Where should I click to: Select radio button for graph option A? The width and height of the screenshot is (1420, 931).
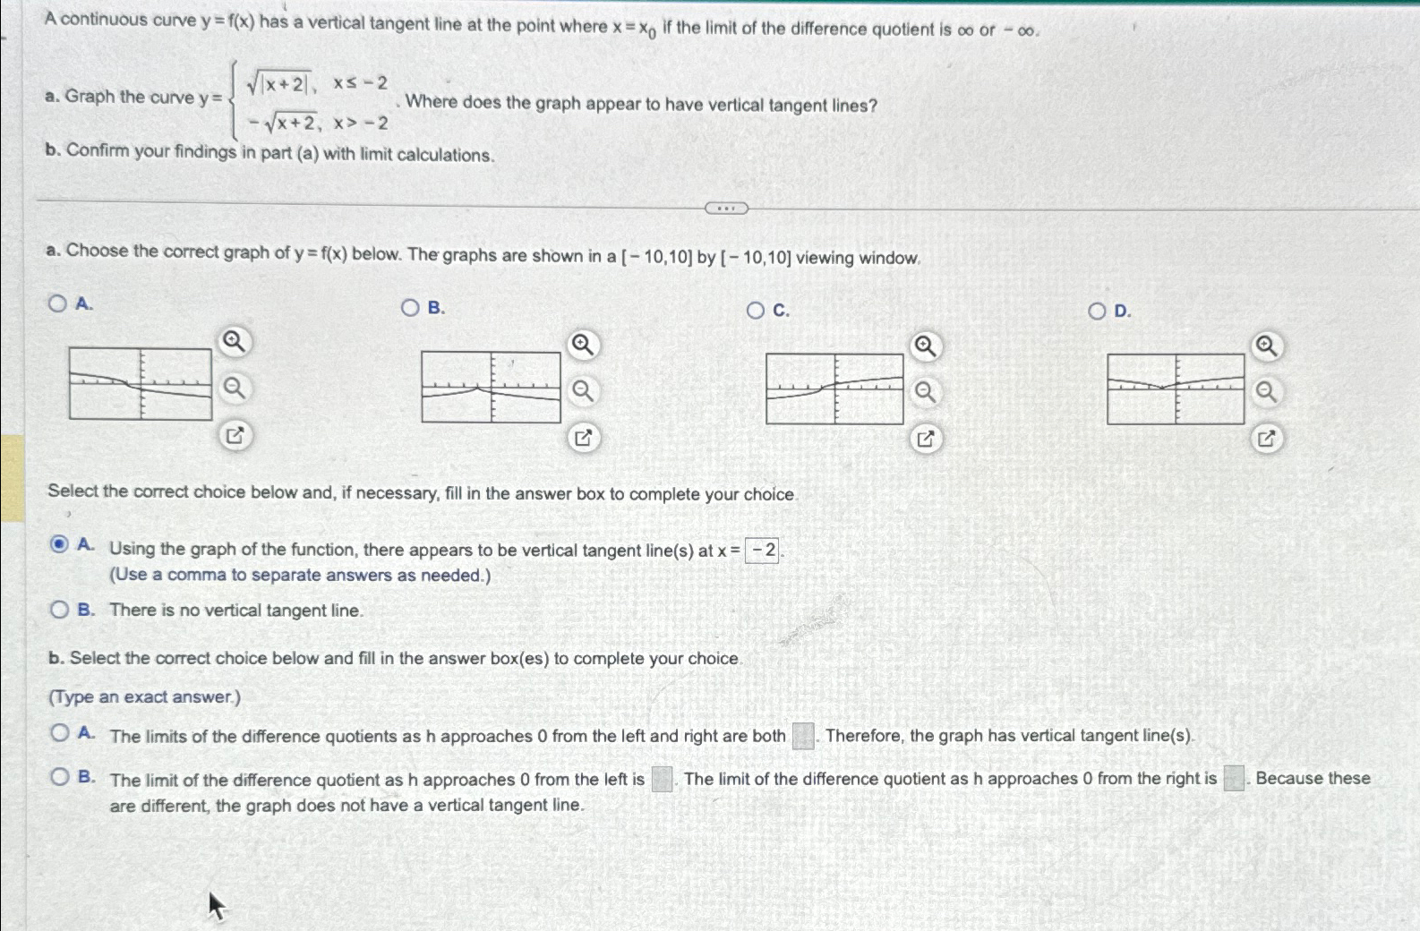coord(58,303)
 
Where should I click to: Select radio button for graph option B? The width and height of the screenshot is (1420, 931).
coord(410,308)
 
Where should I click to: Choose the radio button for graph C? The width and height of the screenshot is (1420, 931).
coord(756,311)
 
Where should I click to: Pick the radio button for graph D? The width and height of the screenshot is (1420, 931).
coord(1098,312)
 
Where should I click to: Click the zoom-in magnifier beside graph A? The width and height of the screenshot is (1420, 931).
coord(235,341)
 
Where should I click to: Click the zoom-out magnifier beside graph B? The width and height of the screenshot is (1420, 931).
coord(583,391)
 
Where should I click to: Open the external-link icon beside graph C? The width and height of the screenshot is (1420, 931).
coord(925,439)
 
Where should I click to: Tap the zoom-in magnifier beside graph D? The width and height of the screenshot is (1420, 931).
coord(1266,346)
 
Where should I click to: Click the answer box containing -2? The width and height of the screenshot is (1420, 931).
coord(763,551)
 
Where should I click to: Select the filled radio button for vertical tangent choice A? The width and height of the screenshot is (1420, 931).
coord(59,544)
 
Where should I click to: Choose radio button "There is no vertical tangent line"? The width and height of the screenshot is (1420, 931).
coord(59,610)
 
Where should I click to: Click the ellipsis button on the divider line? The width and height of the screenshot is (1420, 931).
coord(726,209)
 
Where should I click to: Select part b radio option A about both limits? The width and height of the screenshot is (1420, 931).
coord(59,733)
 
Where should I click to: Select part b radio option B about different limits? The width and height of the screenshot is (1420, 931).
coord(59,776)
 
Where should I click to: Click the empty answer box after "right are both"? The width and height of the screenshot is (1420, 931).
coord(803,736)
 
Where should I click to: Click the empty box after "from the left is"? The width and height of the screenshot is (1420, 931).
coord(662,779)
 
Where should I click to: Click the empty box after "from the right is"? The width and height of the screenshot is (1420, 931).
coord(1234,778)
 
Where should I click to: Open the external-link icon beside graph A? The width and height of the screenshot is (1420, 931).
coord(235,436)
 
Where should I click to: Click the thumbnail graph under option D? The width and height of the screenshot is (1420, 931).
coord(1176,389)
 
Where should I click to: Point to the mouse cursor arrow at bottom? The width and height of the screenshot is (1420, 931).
coord(216,905)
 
